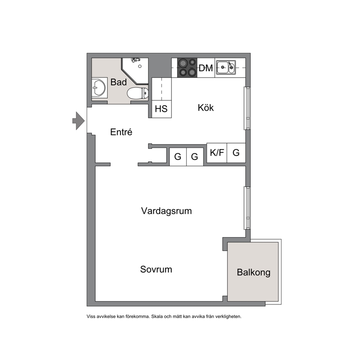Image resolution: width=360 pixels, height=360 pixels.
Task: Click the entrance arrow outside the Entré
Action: tap(78, 121)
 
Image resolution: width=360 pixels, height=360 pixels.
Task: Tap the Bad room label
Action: tap(118, 82)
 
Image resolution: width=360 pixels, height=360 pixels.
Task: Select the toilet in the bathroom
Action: tap(138, 93)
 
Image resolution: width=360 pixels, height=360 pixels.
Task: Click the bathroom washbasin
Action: tap(99, 87)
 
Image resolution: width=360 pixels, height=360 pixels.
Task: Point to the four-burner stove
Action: tap(187, 67)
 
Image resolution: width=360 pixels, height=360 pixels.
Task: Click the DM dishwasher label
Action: tap(206, 68)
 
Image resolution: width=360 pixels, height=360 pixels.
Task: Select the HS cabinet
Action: tap(161, 109)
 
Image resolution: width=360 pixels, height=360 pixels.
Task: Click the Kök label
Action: tap(206, 107)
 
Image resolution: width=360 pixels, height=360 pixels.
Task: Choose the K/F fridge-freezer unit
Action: tap(217, 153)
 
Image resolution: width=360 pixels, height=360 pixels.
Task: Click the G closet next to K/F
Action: tap(236, 153)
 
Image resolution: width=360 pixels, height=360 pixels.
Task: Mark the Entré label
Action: tap(121, 132)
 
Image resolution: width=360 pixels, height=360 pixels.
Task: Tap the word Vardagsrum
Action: tap(167, 211)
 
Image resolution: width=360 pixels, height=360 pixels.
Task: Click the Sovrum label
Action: tap(156, 269)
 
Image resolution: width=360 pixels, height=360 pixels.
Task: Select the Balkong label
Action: tap(253, 273)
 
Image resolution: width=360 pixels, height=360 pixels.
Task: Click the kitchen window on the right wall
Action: tap(247, 108)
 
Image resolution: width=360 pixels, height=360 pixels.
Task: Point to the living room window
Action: tap(247, 208)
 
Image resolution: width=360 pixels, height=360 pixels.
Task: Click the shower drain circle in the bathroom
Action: tap(140, 66)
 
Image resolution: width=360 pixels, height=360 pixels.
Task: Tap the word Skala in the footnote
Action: tap(157, 316)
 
